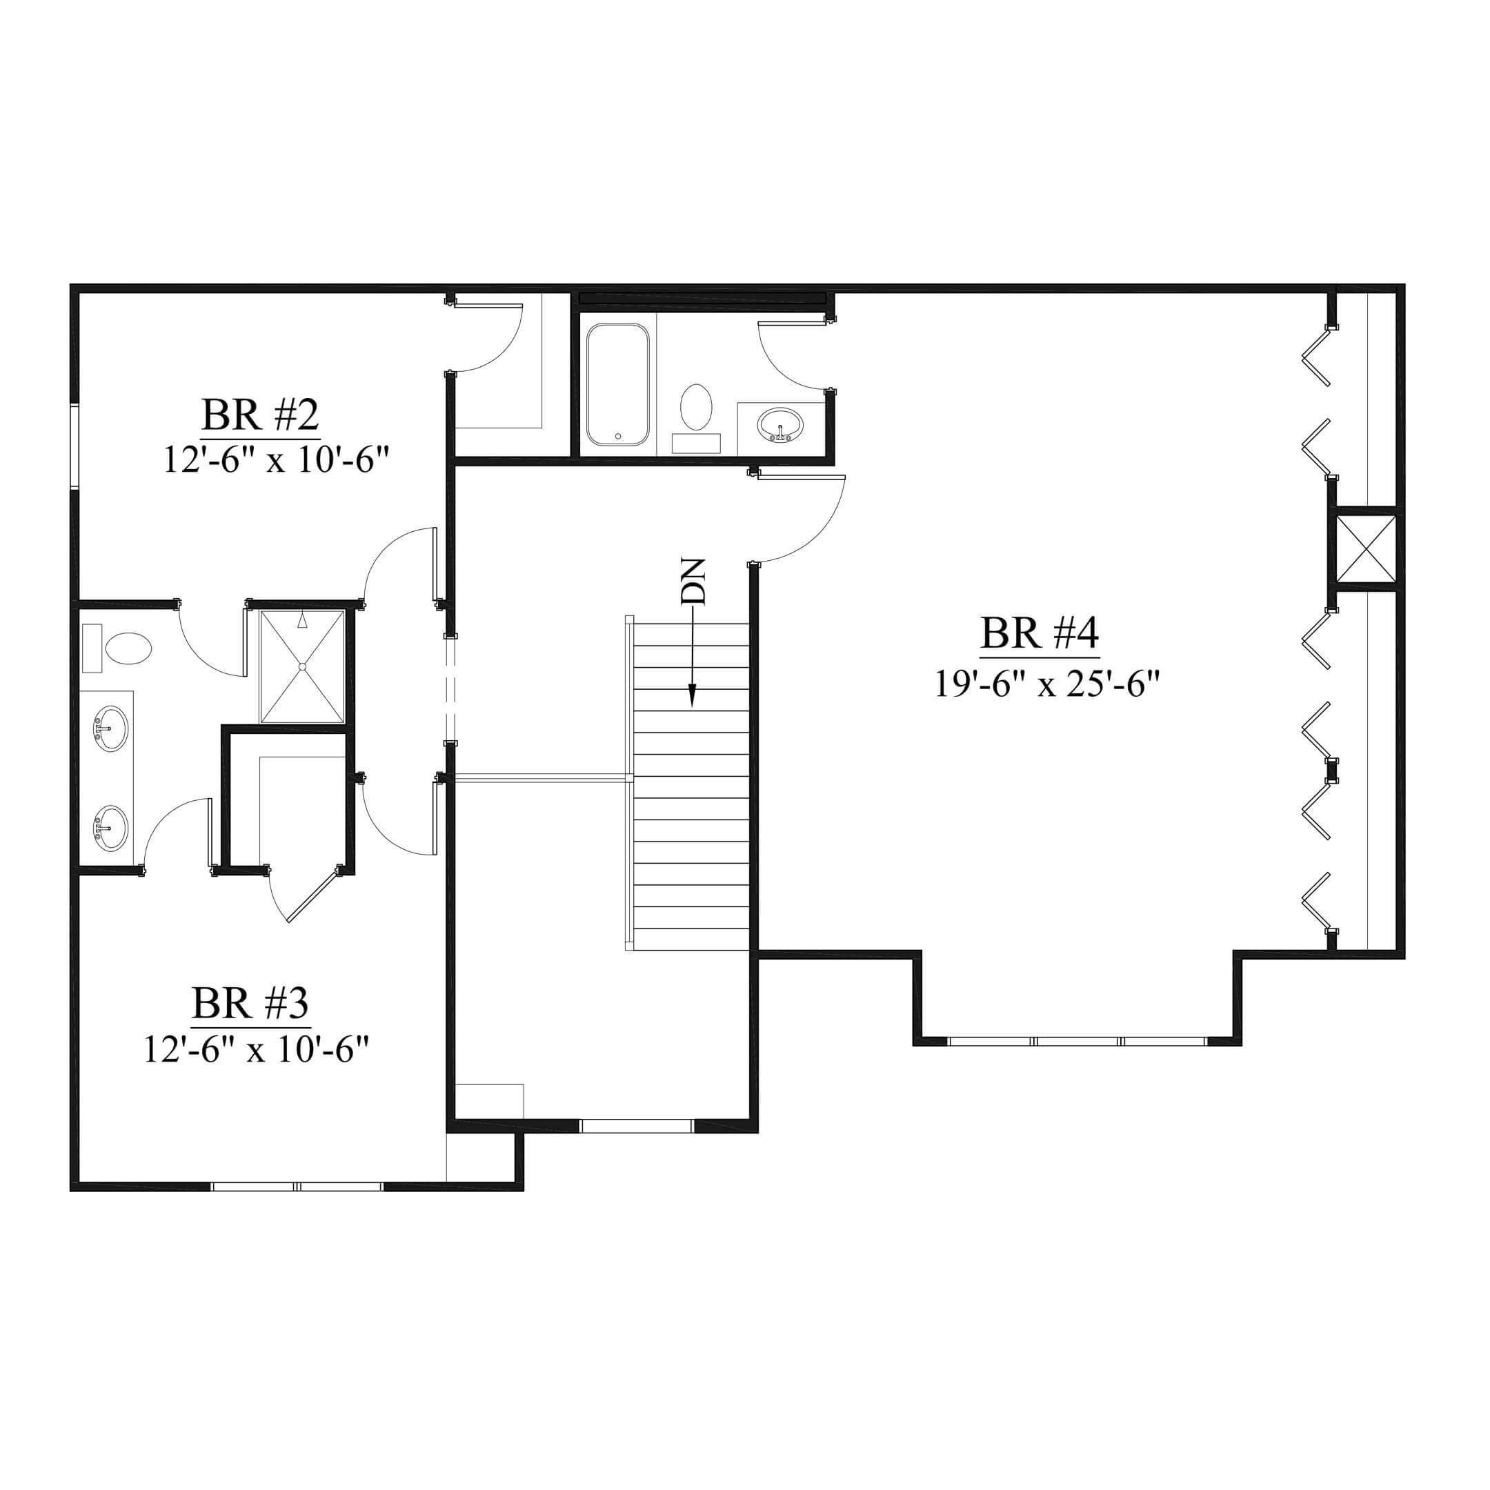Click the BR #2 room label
click(x=260, y=416)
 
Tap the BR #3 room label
click(x=250, y=1004)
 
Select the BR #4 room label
click(x=1039, y=633)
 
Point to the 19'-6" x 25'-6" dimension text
click(x=1047, y=684)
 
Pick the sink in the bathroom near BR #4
click(x=780, y=426)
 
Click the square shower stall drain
click(x=302, y=666)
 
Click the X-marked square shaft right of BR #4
click(x=1366, y=548)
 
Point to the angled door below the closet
click(x=312, y=895)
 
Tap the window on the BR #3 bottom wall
click(x=298, y=1186)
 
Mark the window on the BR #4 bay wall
click(x=1077, y=1041)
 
